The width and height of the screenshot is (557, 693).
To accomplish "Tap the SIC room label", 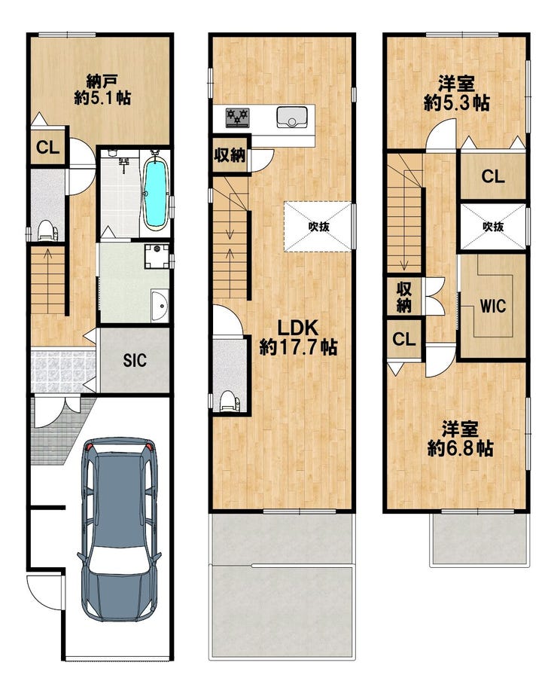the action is (135, 360).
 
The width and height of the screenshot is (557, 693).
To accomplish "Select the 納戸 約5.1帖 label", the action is (102, 90).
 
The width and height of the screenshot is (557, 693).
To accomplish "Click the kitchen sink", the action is (292, 117).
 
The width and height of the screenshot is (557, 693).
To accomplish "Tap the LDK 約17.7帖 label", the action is (298, 337).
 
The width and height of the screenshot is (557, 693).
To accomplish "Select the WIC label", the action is (493, 306).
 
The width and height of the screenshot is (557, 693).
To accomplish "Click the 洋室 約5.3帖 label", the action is (456, 93).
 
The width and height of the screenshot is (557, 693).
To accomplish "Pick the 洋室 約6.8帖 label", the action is (460, 439).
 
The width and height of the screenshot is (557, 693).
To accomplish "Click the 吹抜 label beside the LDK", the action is (318, 227).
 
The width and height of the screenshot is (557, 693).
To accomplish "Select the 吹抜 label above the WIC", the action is (493, 227).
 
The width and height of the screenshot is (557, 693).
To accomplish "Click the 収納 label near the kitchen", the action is (230, 155).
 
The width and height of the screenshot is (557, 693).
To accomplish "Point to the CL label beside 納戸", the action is (47, 148).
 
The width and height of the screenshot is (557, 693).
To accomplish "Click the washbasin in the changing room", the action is (160, 305).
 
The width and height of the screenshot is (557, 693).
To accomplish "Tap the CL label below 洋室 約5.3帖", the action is (493, 177).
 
